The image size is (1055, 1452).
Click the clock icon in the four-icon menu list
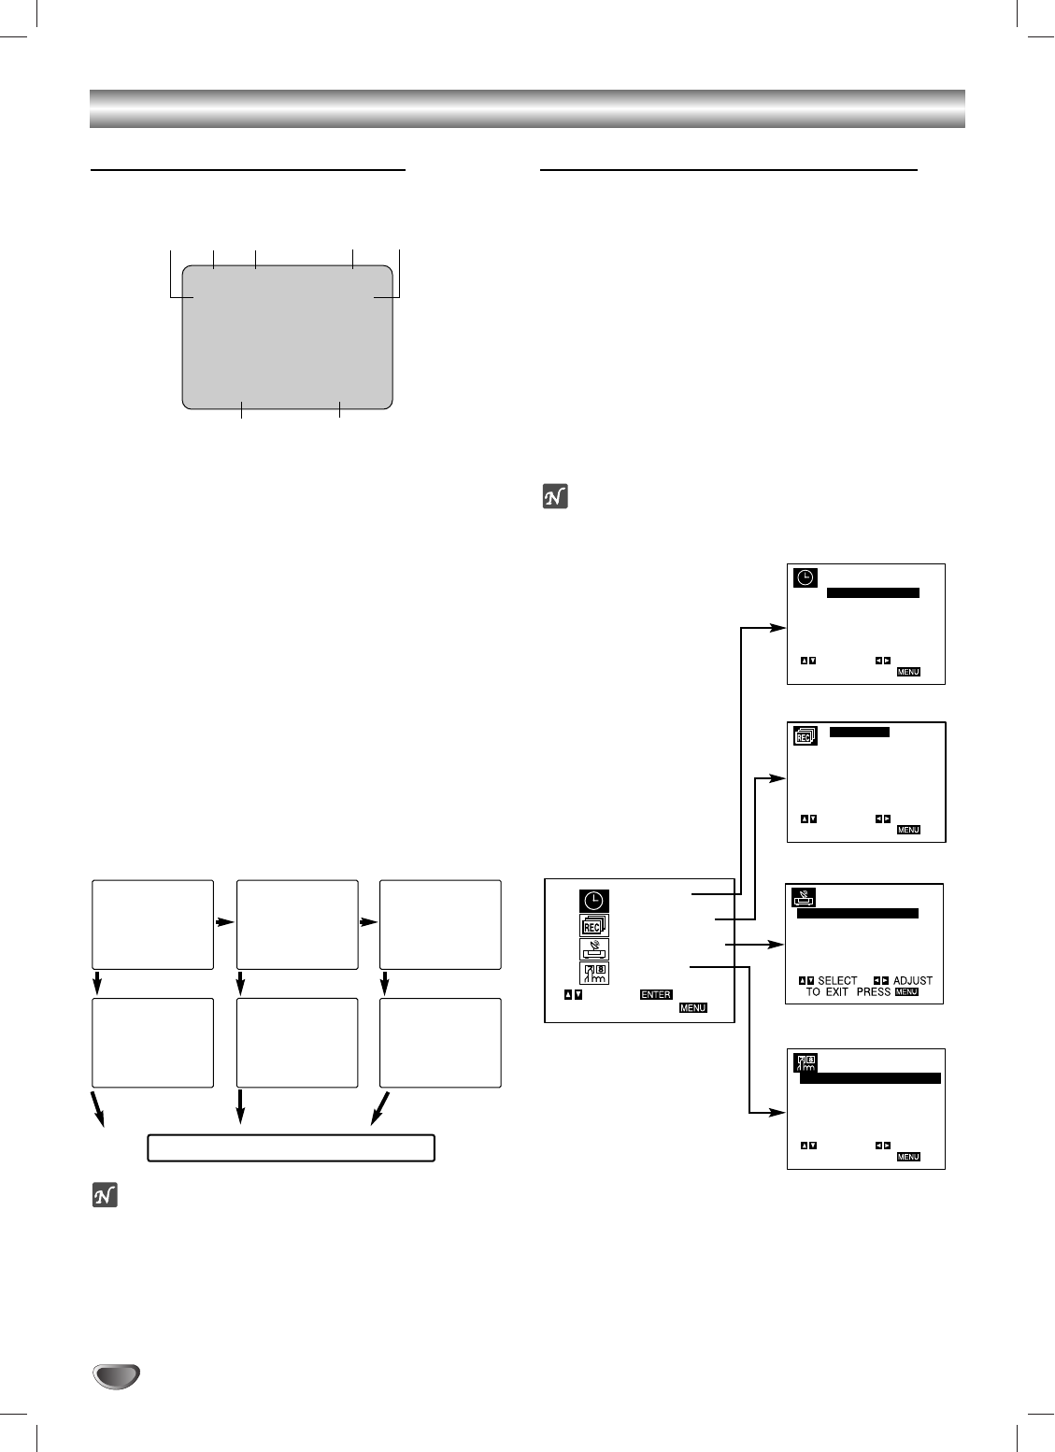tap(593, 902)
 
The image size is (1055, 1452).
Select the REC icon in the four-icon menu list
tap(593, 926)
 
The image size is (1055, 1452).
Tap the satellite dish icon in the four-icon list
tap(593, 949)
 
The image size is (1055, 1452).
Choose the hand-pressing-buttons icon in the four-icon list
tap(593, 974)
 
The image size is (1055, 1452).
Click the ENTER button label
tap(656, 995)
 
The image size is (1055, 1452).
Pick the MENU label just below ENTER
tap(692, 1009)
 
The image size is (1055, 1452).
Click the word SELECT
tap(837, 981)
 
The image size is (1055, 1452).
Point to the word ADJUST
tap(912, 981)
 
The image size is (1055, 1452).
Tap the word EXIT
tap(837, 992)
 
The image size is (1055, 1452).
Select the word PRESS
tap(874, 992)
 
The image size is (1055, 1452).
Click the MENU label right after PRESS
tap(906, 992)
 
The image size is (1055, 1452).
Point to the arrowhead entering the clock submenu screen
tap(780, 628)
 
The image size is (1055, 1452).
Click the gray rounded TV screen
tap(287, 337)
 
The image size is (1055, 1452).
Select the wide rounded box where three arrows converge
tap(291, 1147)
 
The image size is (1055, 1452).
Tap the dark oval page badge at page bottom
tap(116, 1375)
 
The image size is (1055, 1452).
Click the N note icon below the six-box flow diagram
tap(105, 1196)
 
